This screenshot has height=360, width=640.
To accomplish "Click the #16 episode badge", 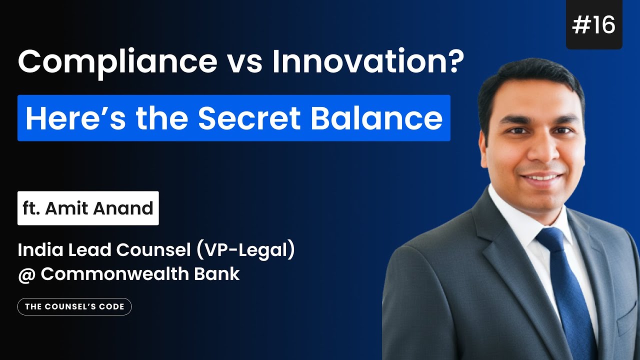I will pos(594,25).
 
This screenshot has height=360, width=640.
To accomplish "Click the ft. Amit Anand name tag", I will pos(88,208).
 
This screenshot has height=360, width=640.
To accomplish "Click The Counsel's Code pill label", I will pos(74,306).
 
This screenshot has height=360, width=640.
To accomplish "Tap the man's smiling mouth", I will pos(535,177).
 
